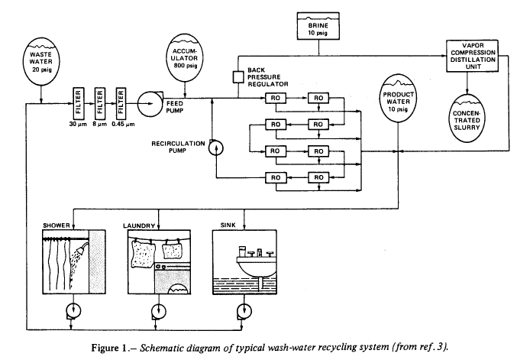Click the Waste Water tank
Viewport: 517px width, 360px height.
(x=40, y=60)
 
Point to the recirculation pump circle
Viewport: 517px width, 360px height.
(x=215, y=145)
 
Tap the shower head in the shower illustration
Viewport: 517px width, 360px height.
(x=79, y=251)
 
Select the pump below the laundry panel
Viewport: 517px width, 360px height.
(x=158, y=312)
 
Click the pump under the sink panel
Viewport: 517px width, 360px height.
(x=244, y=312)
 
